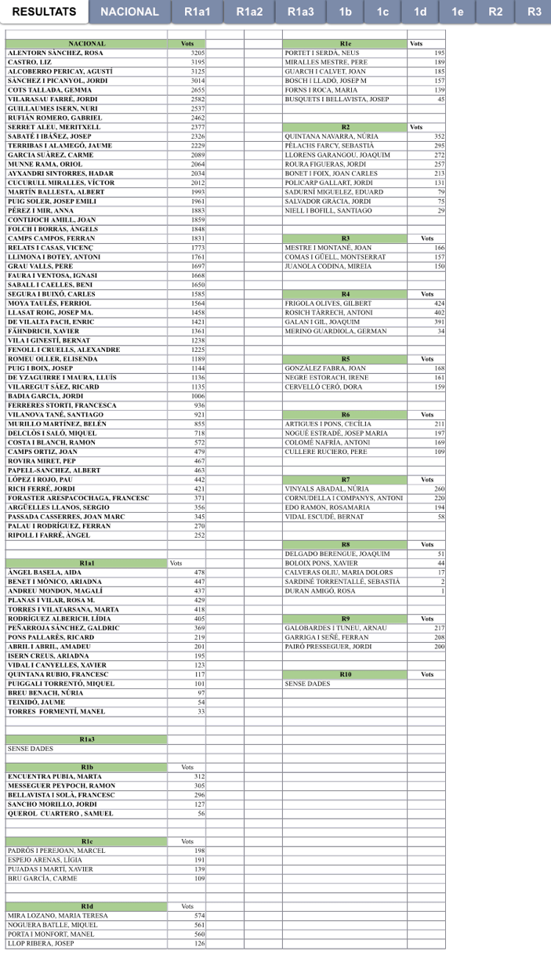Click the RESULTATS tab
44,12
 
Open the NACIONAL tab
129,12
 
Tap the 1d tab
420,12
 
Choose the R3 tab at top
535,12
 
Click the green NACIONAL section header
87,44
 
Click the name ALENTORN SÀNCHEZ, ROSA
55,53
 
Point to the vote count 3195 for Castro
198,62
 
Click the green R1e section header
345,44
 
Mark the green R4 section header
345,294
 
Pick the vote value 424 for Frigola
439,303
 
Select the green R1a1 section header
87,563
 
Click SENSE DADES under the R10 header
307,684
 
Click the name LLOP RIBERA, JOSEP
41,943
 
